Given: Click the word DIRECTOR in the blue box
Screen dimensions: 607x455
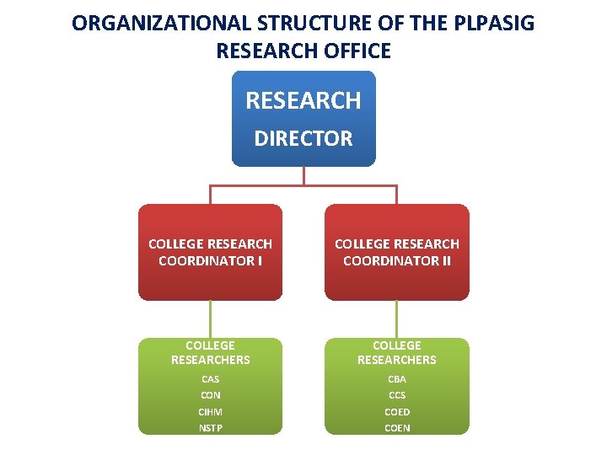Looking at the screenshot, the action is (x=303, y=139).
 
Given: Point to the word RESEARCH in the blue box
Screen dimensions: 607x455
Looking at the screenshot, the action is (x=303, y=101).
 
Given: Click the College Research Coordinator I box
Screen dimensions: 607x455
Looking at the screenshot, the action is (x=210, y=252).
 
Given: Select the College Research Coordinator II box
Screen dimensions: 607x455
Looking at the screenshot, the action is (x=396, y=252).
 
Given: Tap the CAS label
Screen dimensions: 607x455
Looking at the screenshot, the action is (x=210, y=379).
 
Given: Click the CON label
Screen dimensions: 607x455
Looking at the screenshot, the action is (x=210, y=395).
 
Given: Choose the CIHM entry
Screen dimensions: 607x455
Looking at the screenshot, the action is (x=210, y=412).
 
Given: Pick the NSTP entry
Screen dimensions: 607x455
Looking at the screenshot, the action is (x=210, y=428).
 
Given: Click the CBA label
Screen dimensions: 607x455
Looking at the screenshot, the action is (x=396, y=379).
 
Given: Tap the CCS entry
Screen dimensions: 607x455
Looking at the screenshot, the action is (x=396, y=395).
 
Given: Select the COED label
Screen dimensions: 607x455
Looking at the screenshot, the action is (x=396, y=412).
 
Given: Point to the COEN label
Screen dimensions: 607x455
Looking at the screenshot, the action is (x=396, y=428).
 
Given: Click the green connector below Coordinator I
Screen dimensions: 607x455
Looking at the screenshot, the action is (x=210, y=319).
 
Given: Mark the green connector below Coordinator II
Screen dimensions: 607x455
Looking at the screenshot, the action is (x=396, y=319).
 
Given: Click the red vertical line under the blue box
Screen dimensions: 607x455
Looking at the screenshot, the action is (x=303, y=175).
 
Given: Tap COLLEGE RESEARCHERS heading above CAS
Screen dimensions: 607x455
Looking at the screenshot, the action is (x=210, y=352).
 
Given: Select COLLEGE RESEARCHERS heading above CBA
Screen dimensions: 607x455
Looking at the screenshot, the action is (x=396, y=352).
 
